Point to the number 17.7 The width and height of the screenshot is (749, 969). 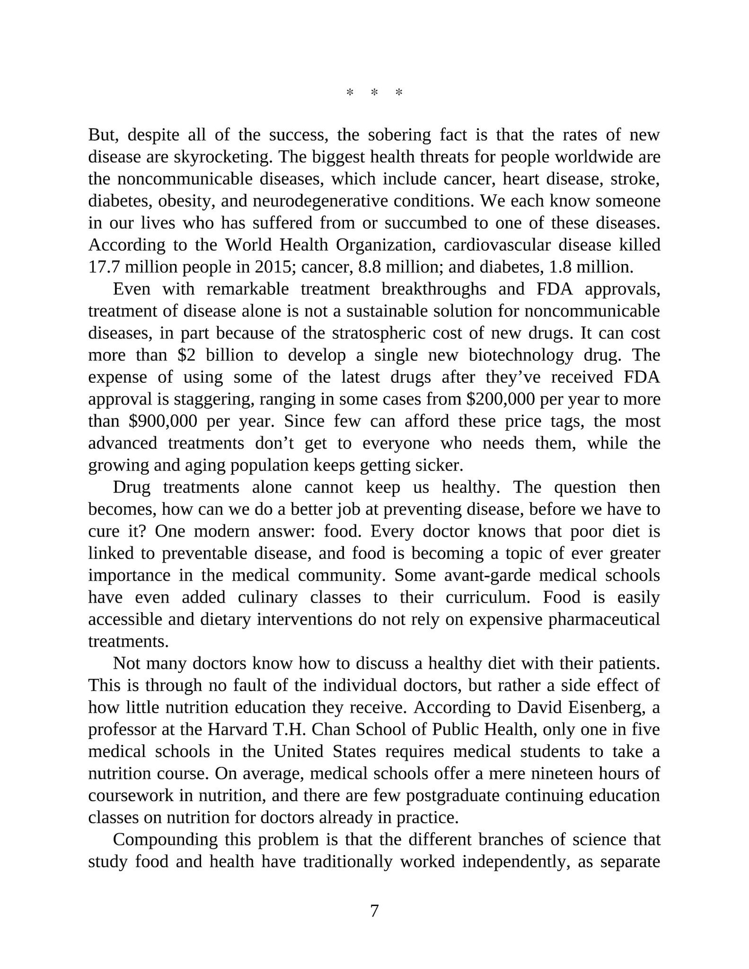[x=104, y=267]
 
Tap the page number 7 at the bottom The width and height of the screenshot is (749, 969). [x=374, y=911]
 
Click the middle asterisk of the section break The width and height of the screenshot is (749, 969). [x=374, y=93]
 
